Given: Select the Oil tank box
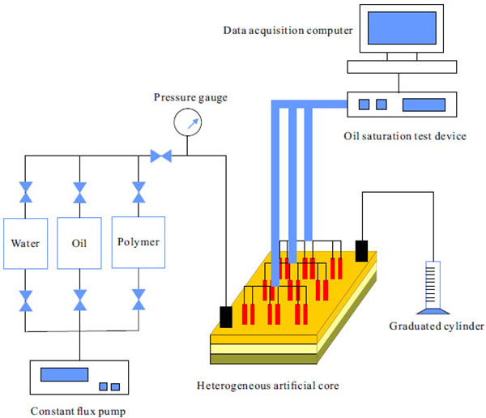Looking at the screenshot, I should point(80,242).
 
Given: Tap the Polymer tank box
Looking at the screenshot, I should point(138,242).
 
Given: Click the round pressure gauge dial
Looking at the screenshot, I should point(187,123).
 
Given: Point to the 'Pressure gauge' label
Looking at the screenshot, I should point(190,98).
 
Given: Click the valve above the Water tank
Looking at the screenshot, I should point(26,194).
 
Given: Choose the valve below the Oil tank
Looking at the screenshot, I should point(80,300).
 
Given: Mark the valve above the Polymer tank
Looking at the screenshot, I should point(138,194).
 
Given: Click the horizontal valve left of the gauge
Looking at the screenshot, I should point(160,155).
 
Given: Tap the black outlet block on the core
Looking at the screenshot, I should point(361,250).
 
